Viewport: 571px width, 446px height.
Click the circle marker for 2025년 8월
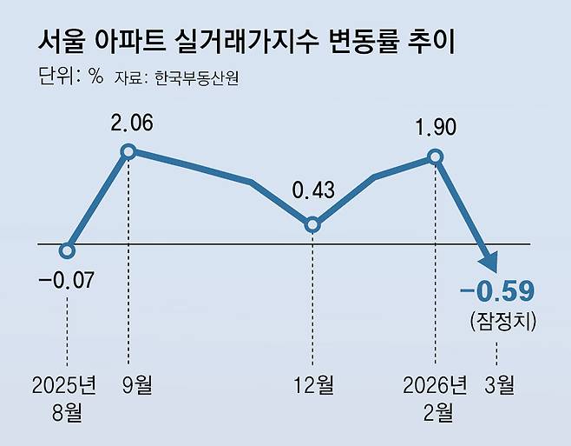point(68,250)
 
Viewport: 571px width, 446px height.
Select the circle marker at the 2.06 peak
point(128,152)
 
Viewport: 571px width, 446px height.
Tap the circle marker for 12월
point(313,224)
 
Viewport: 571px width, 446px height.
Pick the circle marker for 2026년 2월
point(436,157)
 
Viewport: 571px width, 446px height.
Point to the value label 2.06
point(132,123)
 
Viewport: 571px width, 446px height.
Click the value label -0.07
point(67,281)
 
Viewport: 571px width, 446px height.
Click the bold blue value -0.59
point(496,290)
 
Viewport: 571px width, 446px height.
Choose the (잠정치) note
point(496,321)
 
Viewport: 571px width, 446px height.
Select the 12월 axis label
point(313,384)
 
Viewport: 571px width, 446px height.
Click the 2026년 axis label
point(436,384)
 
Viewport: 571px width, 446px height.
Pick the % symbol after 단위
point(96,77)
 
